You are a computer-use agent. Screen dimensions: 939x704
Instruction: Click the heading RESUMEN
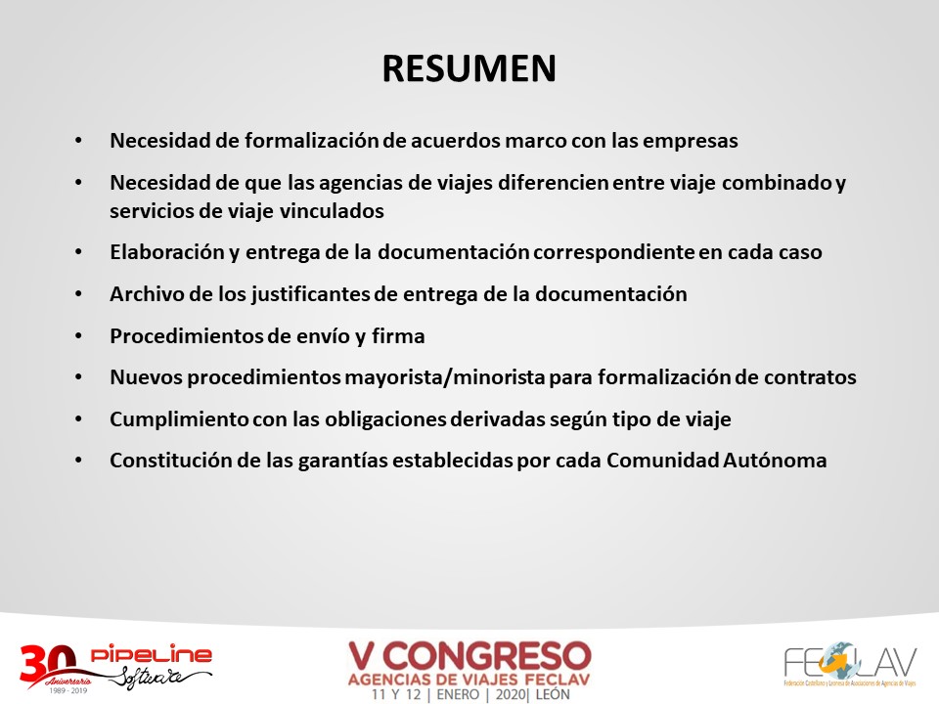click(469, 68)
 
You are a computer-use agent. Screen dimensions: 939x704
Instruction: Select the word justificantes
click(310, 295)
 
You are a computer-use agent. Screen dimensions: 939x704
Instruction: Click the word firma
click(398, 335)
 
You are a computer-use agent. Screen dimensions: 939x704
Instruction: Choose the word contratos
click(810, 377)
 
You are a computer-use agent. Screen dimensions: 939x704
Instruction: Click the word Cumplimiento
click(179, 420)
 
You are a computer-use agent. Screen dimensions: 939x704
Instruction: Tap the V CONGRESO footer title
click(469, 656)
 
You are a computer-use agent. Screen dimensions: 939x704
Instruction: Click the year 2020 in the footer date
click(511, 694)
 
